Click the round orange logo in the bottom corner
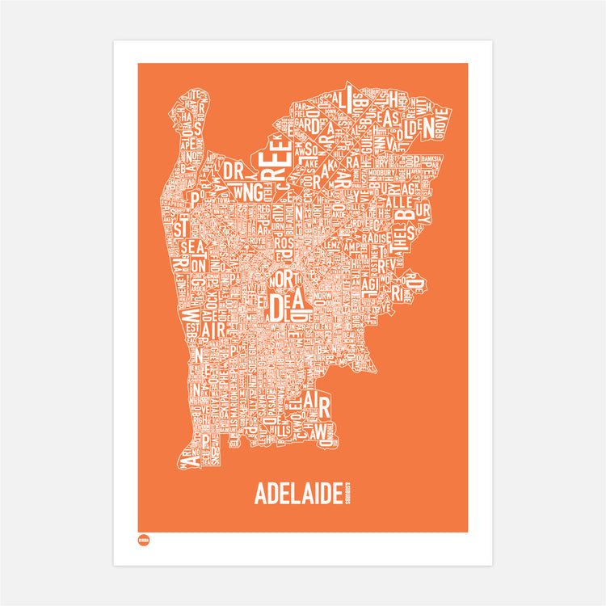(x=141, y=540)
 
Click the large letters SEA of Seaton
(x=194, y=247)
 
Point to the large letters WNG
(x=245, y=193)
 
